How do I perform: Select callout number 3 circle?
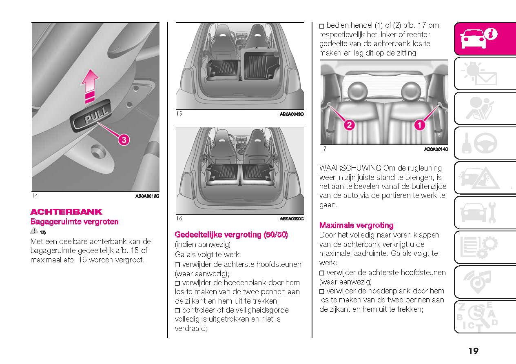pyautogui.click(x=124, y=140)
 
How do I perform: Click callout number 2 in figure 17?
pyautogui.click(x=349, y=124)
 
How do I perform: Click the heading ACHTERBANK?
pyautogui.click(x=66, y=212)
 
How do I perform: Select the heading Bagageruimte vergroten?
pyautogui.click(x=75, y=222)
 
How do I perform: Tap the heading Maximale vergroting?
pyautogui.click(x=356, y=225)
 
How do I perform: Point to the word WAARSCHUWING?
pyautogui.click(x=350, y=168)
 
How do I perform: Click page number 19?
pyautogui.click(x=473, y=351)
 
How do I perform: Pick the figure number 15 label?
pyautogui.click(x=179, y=114)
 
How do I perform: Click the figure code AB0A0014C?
pyautogui.click(x=436, y=150)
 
